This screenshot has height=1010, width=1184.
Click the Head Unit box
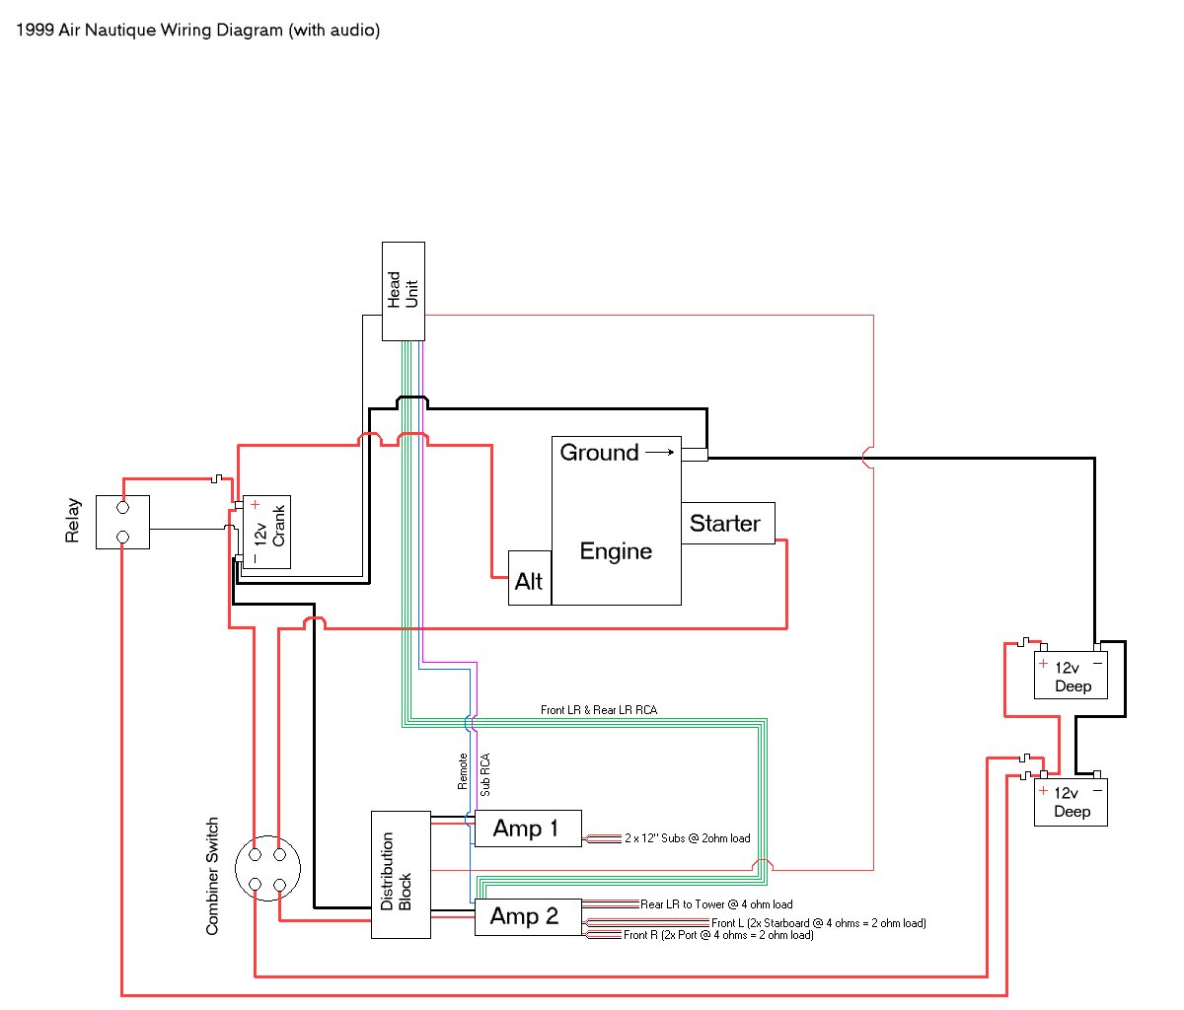(404, 291)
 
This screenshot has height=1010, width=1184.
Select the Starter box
(727, 523)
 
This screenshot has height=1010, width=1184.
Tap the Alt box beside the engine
(529, 578)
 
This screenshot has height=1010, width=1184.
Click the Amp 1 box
(527, 829)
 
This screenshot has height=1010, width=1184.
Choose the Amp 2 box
(527, 916)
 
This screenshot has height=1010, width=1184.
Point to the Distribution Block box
(400, 874)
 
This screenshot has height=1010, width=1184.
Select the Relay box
(122, 522)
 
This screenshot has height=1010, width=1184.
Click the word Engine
(616, 551)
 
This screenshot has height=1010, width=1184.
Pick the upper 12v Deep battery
(1071, 676)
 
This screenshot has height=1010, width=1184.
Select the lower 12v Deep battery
(1071, 802)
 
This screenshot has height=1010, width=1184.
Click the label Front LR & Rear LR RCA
(598, 710)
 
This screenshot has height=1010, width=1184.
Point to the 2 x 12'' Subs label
(687, 838)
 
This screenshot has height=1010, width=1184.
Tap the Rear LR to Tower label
(716, 904)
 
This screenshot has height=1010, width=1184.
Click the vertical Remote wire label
(463, 771)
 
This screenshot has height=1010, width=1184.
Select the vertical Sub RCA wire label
(485, 774)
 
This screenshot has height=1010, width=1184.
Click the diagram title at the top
(197, 30)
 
